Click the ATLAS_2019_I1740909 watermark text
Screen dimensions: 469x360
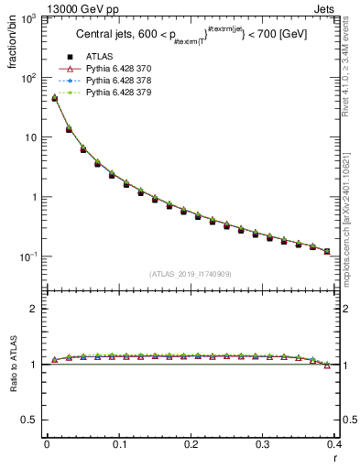pyautogui.click(x=191, y=274)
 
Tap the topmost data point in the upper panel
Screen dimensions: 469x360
pyautogui.click(x=54, y=98)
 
